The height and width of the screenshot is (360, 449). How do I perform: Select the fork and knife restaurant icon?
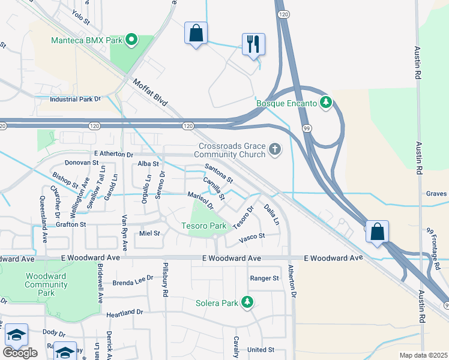(x=253, y=44)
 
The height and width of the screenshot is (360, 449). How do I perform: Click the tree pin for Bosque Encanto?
(x=326, y=103)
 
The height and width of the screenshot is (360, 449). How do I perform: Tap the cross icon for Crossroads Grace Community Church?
(x=275, y=148)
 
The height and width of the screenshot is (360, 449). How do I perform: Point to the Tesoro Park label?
(x=204, y=226)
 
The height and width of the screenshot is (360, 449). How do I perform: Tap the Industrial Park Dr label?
(x=75, y=99)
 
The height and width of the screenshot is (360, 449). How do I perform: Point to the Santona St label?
(x=218, y=172)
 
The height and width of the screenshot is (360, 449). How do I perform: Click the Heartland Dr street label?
(x=125, y=313)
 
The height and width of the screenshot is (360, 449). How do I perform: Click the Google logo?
(x=20, y=352)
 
